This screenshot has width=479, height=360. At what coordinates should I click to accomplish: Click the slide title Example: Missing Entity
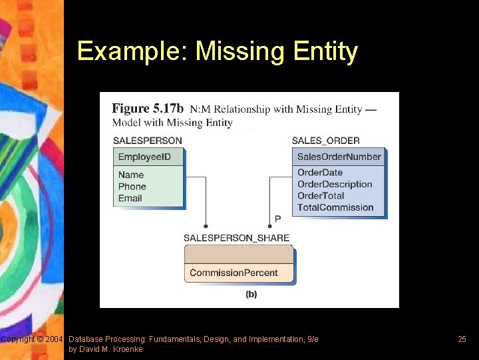[217, 51]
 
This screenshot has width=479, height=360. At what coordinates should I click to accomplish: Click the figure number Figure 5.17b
[148, 109]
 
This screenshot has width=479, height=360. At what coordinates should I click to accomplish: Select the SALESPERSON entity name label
[147, 141]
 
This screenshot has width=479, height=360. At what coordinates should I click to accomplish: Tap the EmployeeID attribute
[144, 157]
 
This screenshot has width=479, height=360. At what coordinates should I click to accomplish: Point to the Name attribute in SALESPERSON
[131, 175]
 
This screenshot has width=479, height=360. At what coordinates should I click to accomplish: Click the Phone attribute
[132, 187]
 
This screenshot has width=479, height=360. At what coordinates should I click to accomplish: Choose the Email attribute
[130, 198]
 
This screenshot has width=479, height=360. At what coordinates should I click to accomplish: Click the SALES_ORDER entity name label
[325, 141]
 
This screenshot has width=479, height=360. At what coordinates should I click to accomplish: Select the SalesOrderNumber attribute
[339, 157]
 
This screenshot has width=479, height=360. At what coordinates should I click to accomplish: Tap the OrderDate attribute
[320, 173]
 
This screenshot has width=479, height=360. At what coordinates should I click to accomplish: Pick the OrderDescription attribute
[335, 184]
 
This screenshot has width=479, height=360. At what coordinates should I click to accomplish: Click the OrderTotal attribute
[321, 195]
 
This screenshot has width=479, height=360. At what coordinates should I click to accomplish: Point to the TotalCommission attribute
[335, 207]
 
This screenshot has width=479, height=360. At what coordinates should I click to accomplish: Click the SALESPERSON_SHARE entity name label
[236, 238]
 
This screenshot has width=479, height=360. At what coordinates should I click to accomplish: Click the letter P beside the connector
[277, 219]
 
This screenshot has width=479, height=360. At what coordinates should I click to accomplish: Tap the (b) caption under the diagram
[251, 294]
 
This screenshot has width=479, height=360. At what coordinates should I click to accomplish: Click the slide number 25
[462, 339]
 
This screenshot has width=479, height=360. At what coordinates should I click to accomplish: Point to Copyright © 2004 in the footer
[32, 339]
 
